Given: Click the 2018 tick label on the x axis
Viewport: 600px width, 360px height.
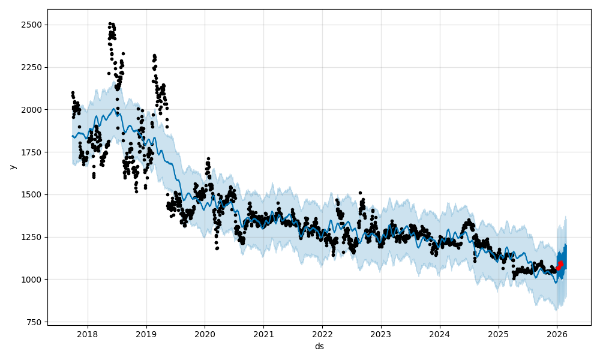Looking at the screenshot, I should (x=88, y=334).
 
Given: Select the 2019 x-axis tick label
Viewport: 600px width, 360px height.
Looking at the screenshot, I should (x=146, y=334).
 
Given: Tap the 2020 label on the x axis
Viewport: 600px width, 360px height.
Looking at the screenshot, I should (x=205, y=334).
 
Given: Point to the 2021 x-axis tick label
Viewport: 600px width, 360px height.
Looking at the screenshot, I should (x=263, y=334).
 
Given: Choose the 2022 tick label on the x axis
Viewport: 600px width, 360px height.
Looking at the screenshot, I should (x=322, y=334).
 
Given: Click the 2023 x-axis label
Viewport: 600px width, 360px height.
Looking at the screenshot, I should (x=380, y=334).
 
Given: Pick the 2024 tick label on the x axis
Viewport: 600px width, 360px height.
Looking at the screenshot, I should (x=439, y=334).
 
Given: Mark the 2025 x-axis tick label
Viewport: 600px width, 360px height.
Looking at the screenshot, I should (x=498, y=334).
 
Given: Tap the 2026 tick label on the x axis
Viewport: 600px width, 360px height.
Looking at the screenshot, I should (x=557, y=334).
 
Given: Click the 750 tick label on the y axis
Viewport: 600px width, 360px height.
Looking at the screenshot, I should (x=35, y=322).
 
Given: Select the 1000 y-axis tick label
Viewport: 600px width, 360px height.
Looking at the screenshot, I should (x=34, y=280).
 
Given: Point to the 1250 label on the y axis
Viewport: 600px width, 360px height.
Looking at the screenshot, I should (x=34, y=237).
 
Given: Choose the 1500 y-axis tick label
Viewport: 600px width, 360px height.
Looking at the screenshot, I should (x=34, y=194).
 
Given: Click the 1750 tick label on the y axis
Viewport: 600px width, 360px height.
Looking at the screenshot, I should (x=34, y=152).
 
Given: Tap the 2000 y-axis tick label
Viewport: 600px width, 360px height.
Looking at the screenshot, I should (x=34, y=110).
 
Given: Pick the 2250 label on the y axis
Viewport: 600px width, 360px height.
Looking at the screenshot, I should (x=34, y=67).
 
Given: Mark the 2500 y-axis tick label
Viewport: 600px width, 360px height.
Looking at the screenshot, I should (x=34, y=25).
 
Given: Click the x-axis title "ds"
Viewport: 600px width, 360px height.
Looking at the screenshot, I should (x=319, y=346).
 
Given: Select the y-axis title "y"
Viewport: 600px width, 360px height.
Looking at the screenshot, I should (x=12, y=167).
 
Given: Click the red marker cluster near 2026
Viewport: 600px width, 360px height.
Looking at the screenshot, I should (x=559, y=265).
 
